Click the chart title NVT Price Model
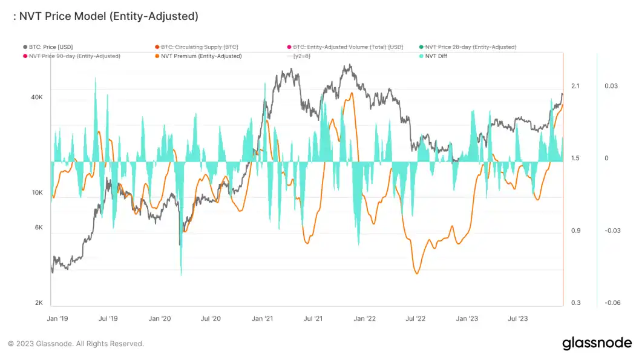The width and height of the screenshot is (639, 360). pos(105,17)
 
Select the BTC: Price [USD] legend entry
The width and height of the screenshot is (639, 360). pos(51,47)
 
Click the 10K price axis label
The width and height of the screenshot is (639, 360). pos(38,193)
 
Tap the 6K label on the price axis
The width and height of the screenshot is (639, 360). pos(39,227)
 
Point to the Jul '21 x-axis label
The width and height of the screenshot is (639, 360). pos(313,318)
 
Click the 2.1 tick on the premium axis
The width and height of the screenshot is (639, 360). pos(575,87)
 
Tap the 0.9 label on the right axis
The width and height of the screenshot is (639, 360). pos(575,231)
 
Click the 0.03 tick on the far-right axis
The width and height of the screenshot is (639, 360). pos(611,87)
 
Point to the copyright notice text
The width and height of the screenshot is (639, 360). pos(76,344)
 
